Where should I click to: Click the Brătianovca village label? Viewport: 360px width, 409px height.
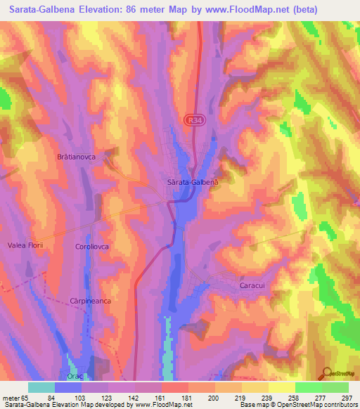[81, 157]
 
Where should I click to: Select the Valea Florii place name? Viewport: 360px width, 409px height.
[27, 245]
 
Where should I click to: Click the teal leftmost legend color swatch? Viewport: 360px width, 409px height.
[41, 387]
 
